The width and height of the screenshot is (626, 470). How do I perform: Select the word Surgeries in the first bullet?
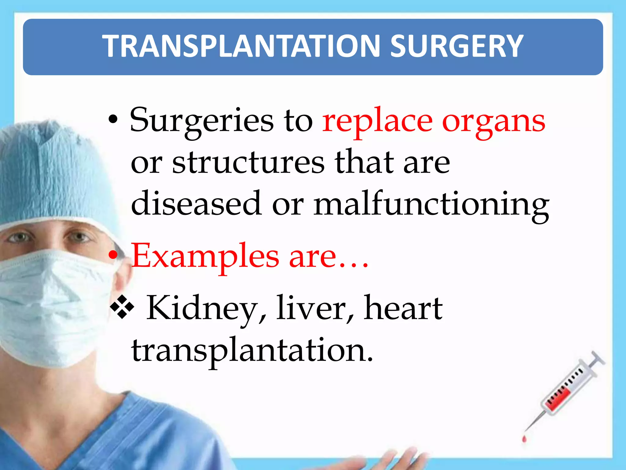point(202,121)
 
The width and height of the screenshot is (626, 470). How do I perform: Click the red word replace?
point(377,121)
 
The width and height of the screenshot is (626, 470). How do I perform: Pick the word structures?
point(248,162)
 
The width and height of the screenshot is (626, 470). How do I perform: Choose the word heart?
point(403,308)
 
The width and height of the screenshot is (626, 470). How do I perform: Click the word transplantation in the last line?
point(252,351)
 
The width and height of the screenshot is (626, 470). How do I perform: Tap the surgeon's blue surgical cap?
point(52,171)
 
